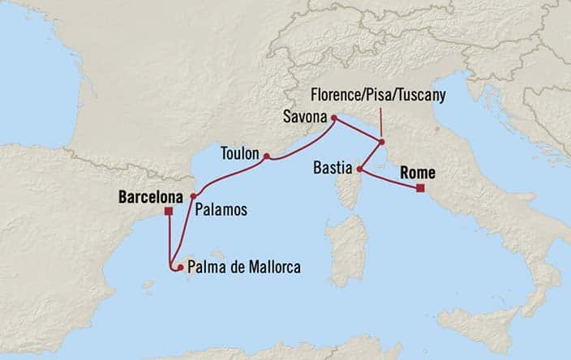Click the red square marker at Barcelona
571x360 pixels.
(168, 212)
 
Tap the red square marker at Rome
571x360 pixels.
(420, 189)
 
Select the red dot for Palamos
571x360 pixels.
(193, 196)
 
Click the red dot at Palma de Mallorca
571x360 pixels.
(179, 267)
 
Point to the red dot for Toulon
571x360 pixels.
(266, 156)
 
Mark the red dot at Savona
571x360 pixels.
(333, 116)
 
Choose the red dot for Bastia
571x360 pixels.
(359, 169)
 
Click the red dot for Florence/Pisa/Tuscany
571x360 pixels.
(381, 142)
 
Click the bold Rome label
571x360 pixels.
(416, 173)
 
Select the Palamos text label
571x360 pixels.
(221, 210)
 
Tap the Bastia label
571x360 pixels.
(333, 169)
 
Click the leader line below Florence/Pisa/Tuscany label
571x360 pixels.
(381, 121)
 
